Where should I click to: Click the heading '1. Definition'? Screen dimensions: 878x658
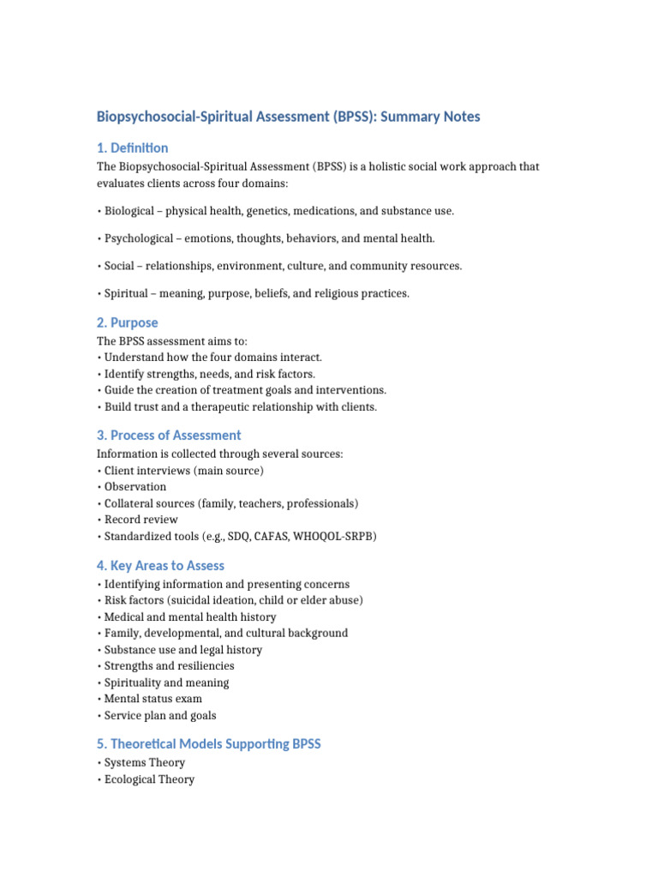pos(133,147)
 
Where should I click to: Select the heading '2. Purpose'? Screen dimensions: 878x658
pos(128,322)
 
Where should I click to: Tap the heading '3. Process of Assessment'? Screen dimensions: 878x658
pos(169,435)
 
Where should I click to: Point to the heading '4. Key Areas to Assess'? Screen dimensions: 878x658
pos(161,565)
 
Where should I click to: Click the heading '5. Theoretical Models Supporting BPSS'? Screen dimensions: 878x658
pos(209,743)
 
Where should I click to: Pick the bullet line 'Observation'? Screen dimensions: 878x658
pos(135,487)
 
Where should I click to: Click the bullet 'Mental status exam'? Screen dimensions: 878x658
pos(153,699)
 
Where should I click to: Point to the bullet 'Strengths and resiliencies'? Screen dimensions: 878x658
pos(169,666)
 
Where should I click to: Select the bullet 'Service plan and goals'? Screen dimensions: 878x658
pos(160,715)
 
